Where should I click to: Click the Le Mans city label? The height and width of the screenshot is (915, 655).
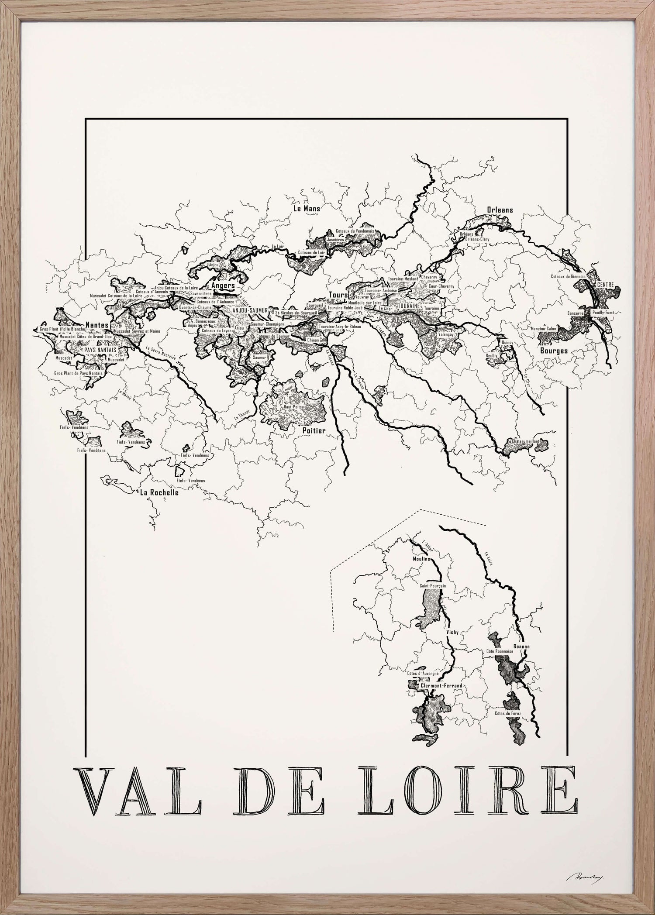(x=307, y=209)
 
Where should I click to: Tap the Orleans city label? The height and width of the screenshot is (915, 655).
(x=500, y=210)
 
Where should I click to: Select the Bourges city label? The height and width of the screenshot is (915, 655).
(x=554, y=351)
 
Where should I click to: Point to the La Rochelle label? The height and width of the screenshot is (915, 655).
(x=159, y=492)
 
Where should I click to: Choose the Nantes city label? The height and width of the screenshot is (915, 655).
(x=98, y=324)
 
